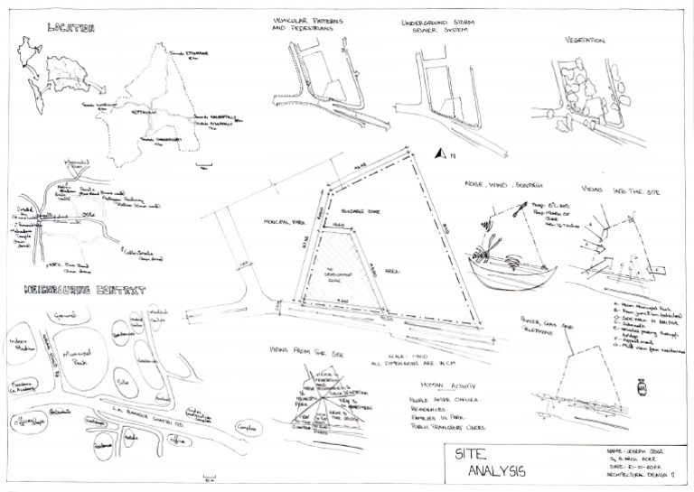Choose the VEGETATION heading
tap(585, 41)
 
